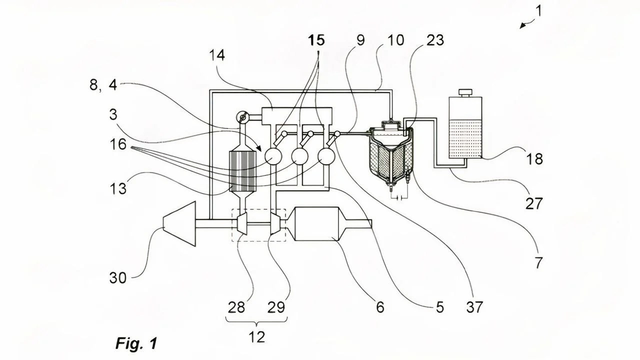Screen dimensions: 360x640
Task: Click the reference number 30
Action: pos(118,277)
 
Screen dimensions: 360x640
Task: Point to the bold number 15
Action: pos(316,39)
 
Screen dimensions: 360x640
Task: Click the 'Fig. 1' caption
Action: pos(136,343)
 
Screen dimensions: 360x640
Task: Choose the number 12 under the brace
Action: pos(257,337)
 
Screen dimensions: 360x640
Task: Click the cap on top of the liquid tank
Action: pos(465,92)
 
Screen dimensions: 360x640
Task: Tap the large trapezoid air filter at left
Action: pos(179,223)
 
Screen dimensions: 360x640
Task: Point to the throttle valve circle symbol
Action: pos(242,118)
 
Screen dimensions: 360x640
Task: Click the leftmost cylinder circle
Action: pos(273,156)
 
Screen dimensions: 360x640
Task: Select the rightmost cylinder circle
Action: pos(327,156)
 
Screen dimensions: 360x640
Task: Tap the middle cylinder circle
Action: pos(300,156)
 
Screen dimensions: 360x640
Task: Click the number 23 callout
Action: pos(435,40)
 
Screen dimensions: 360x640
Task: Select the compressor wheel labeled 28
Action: pos(242,223)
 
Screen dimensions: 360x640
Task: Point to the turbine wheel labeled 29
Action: pos(274,223)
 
